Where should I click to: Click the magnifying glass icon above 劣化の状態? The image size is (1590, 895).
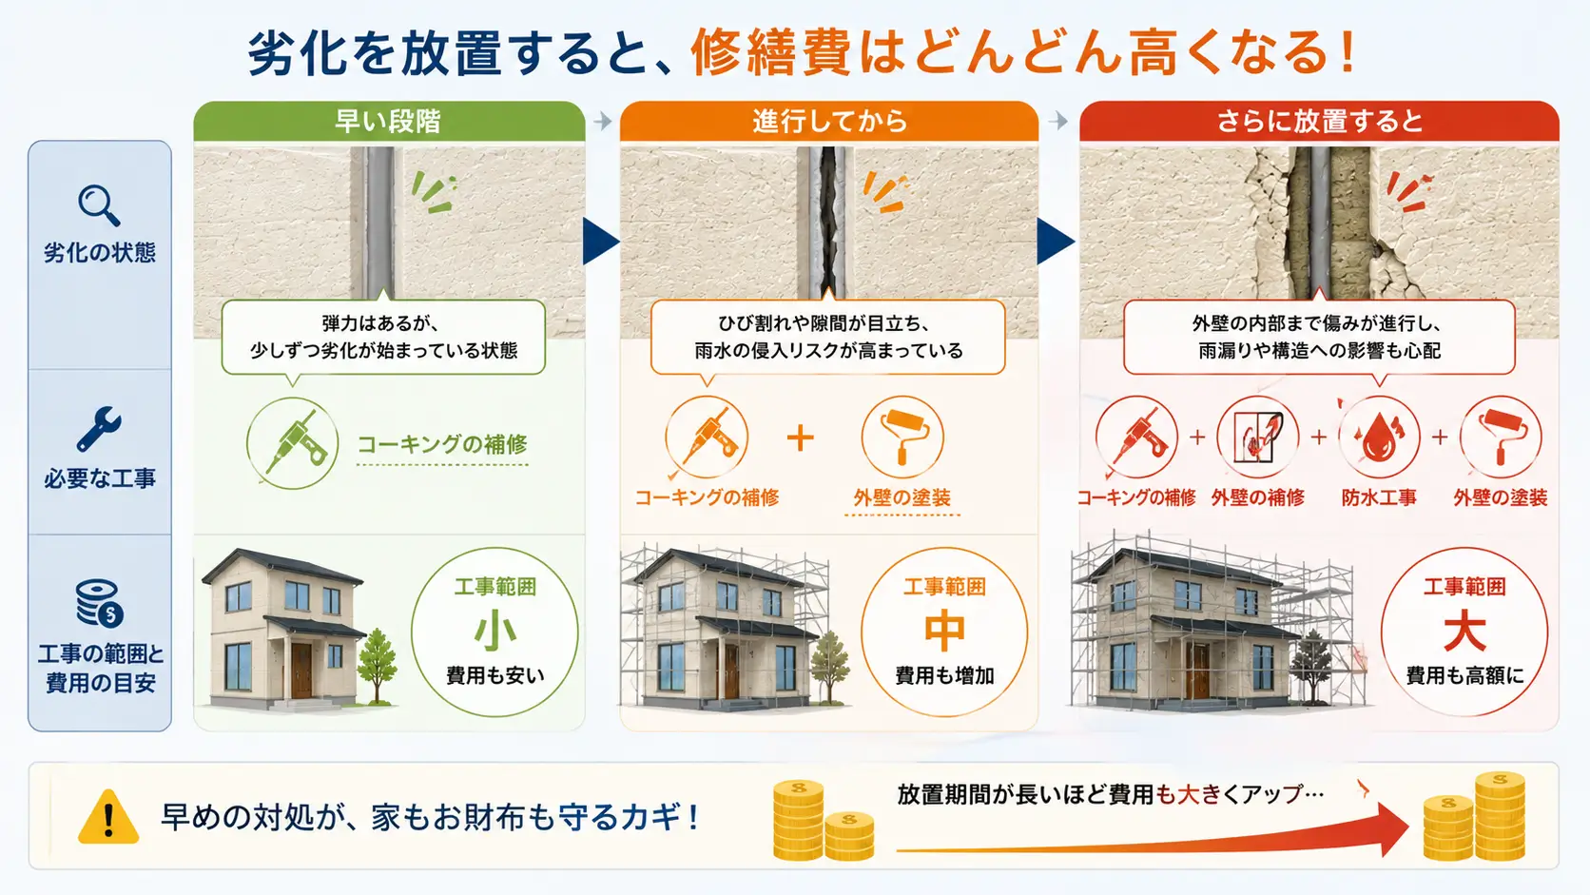coord(99,205)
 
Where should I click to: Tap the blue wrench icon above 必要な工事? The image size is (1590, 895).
coord(99,429)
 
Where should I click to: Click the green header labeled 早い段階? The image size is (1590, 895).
coord(389,122)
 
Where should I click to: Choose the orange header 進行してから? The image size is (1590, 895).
coord(829,122)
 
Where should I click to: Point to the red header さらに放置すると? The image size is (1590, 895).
coord(1319,122)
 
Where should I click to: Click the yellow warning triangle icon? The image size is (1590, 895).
coord(107,817)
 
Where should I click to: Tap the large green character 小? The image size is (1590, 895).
coord(494,631)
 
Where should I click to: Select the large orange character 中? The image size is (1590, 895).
coord(944,631)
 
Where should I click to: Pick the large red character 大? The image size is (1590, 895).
coord(1464,631)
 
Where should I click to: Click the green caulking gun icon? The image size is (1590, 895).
coord(293,443)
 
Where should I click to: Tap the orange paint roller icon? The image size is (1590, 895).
coord(902,438)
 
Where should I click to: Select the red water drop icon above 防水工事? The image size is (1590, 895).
coord(1379,438)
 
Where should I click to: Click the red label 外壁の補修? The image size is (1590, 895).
coord(1257,497)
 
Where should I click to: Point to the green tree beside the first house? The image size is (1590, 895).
coord(377,666)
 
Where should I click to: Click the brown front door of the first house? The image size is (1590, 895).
coord(301,670)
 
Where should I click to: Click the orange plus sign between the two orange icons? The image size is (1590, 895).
coord(800,438)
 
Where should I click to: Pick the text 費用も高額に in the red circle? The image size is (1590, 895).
coord(1464,675)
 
